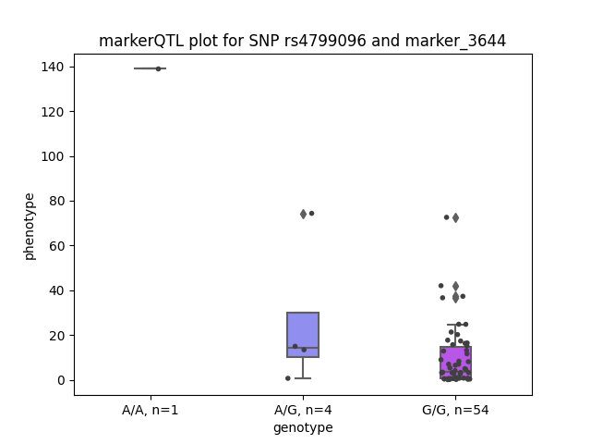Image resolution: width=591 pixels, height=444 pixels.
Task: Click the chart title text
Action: [302, 41]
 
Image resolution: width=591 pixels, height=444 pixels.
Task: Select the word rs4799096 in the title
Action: [325, 41]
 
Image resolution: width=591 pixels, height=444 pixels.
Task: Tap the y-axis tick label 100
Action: [53, 156]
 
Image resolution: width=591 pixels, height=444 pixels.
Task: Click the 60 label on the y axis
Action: [56, 246]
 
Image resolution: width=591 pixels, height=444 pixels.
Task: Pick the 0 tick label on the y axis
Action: [61, 380]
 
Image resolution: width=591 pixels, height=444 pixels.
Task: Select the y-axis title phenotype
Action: [29, 227]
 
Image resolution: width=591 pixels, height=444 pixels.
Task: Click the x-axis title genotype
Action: [303, 427]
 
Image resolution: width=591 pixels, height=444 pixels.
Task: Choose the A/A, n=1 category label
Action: [150, 410]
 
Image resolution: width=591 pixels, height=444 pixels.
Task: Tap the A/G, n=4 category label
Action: [303, 410]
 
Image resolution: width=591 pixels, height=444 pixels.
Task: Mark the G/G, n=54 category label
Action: [455, 410]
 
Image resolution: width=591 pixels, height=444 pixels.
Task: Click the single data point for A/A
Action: [158, 68]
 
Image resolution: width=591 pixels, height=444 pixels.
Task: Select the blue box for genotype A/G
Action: [303, 335]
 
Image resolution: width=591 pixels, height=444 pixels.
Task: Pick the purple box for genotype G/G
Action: [455, 363]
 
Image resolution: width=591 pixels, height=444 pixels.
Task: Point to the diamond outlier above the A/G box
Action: [304, 214]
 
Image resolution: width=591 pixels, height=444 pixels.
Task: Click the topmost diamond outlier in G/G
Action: [455, 218]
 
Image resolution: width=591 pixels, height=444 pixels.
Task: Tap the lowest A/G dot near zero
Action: [288, 378]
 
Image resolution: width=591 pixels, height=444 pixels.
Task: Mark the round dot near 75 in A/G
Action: [312, 214]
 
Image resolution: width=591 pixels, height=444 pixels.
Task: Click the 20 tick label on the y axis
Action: [56, 336]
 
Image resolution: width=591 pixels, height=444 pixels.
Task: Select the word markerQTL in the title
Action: [141, 41]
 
